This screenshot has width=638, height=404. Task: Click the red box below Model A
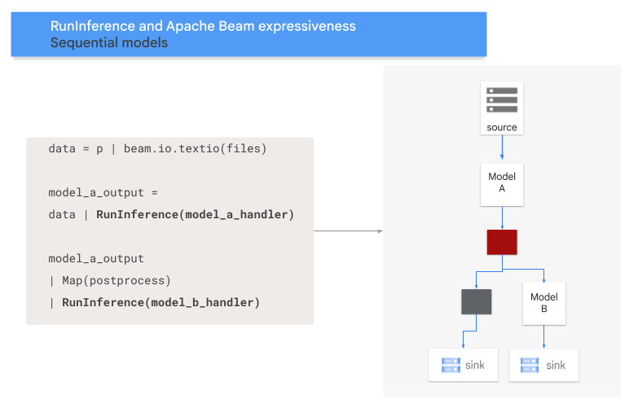click(502, 242)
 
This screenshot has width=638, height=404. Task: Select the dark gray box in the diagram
click(476, 301)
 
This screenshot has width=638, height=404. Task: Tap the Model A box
click(502, 182)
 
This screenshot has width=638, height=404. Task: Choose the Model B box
click(543, 303)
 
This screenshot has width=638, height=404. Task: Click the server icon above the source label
click(502, 99)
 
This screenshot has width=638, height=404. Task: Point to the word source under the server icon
click(502, 127)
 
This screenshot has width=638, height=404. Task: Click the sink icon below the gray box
click(450, 365)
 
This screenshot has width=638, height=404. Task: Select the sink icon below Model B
click(530, 365)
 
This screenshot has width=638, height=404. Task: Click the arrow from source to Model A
click(502, 148)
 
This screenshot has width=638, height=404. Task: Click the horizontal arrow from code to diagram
click(348, 231)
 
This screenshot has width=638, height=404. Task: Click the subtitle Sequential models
click(109, 42)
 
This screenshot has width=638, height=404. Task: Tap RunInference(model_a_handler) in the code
click(195, 215)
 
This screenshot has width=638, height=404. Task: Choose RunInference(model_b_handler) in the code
click(161, 302)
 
